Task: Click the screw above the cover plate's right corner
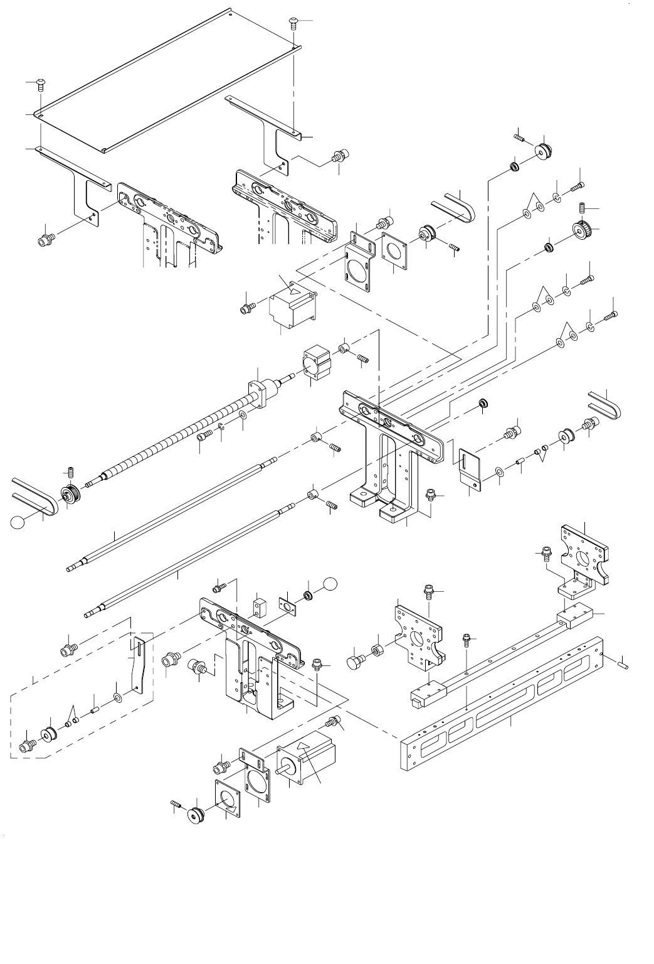(293, 23)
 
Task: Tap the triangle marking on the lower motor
(303, 746)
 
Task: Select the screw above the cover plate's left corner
(40, 84)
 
